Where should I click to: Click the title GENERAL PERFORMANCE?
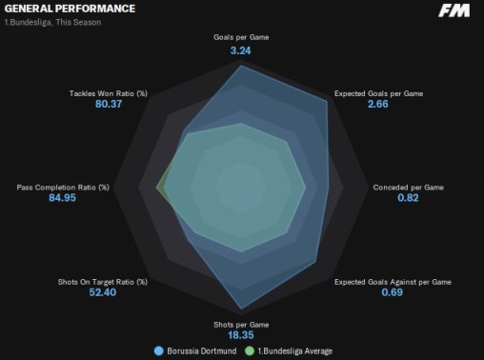pyautogui.click(x=70, y=9)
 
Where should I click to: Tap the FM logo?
pyautogui.click(x=454, y=10)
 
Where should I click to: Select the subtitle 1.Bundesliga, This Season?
pyautogui.click(x=52, y=23)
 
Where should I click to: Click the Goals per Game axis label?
pyautogui.click(x=241, y=37)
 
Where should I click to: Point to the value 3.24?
pyautogui.click(x=240, y=50)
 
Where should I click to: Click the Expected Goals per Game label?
pyautogui.click(x=378, y=93)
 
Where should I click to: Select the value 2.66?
pyautogui.click(x=377, y=104)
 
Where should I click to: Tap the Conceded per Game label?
pyautogui.click(x=408, y=188)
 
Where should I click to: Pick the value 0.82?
pyautogui.click(x=408, y=198)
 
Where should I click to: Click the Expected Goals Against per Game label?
pyautogui.click(x=393, y=282)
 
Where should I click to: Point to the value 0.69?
pyautogui.click(x=392, y=292)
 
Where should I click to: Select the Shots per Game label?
pyautogui.click(x=241, y=325)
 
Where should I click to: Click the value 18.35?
pyautogui.click(x=241, y=335)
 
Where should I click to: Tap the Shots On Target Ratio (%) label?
pyautogui.click(x=103, y=282)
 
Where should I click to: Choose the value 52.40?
pyautogui.click(x=103, y=292)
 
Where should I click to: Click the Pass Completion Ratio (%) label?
pyautogui.click(x=63, y=188)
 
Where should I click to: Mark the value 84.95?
pyautogui.click(x=62, y=198)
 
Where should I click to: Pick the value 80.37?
pyautogui.click(x=109, y=104)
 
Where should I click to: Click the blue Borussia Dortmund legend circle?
pyautogui.click(x=158, y=351)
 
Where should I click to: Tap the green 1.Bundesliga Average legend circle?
pyautogui.click(x=250, y=351)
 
